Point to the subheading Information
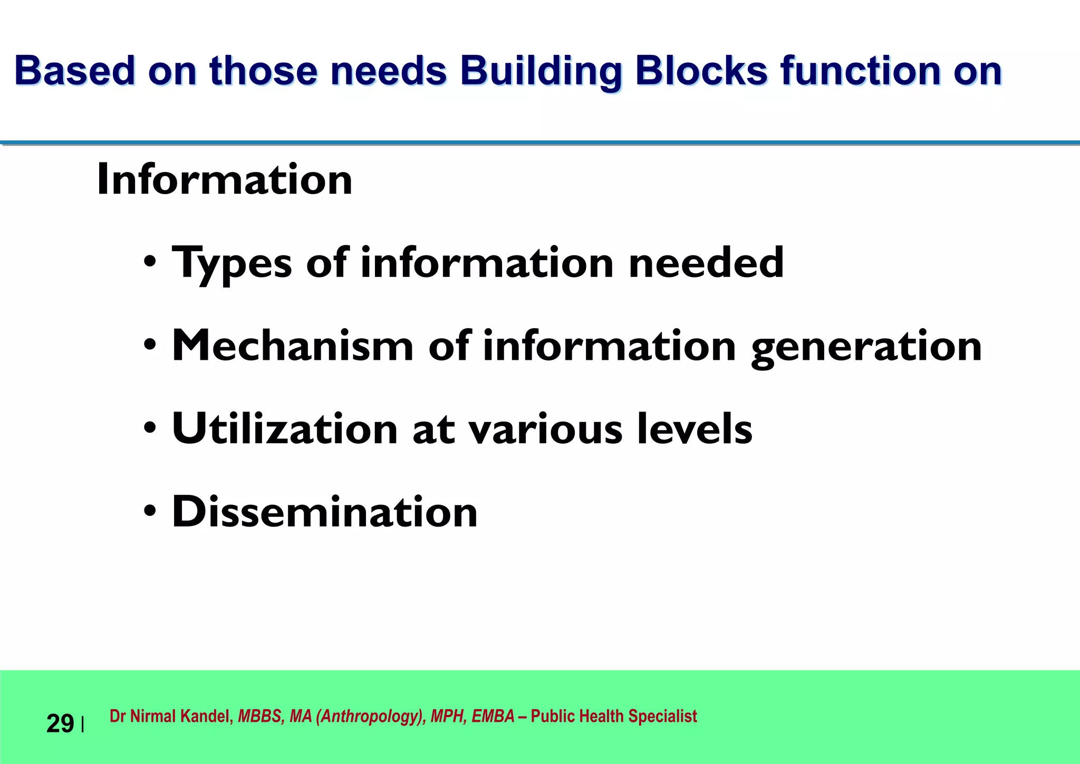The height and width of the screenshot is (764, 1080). [225, 180]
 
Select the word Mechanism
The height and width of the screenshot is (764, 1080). [293, 346]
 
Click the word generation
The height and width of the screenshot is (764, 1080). [866, 347]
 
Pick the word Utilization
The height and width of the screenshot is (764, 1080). [285, 429]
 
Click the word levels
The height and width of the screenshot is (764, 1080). [695, 429]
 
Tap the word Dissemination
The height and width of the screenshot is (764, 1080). [325, 512]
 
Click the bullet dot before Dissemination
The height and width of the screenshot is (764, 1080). [150, 511]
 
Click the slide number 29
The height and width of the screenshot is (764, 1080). [60, 724]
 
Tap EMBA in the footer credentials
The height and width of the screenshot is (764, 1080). [493, 717]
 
